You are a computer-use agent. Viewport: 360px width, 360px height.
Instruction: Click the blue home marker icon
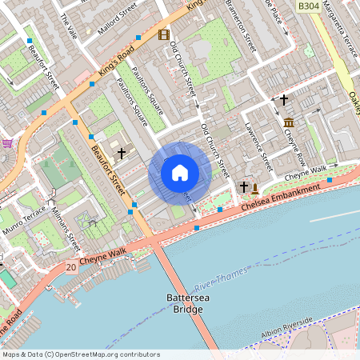pyautogui.click(x=180, y=173)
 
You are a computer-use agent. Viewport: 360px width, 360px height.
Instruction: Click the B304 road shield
pyautogui.click(x=309, y=6)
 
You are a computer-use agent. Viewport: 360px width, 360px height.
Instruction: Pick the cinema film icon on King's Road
pyautogui.click(x=164, y=34)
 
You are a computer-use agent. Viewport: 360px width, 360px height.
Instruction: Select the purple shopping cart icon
pyautogui.click(x=8, y=143)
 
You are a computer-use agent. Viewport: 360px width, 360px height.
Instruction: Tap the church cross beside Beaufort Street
pyautogui.click(x=122, y=151)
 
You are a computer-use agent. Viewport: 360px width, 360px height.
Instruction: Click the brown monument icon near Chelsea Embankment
pyautogui.click(x=255, y=189)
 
